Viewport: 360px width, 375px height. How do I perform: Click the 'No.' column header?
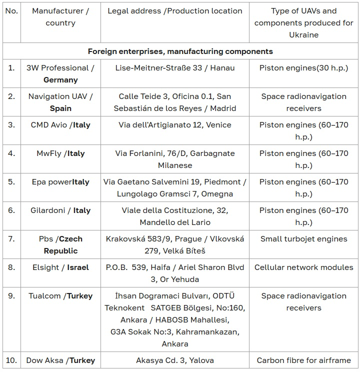11,11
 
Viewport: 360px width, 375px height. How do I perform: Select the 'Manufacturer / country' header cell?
60,17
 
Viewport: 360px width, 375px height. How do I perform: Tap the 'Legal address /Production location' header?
175,11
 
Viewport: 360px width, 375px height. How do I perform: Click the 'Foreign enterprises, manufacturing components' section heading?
180,51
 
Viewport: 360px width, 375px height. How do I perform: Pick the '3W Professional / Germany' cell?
60,73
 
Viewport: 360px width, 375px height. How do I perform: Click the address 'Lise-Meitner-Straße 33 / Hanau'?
175,67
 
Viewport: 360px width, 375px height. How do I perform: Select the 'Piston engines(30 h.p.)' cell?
303,67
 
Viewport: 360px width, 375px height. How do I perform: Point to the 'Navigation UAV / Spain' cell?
60,102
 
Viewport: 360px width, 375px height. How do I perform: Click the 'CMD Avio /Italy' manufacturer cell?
60,125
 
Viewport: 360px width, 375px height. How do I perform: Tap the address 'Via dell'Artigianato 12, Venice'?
175,125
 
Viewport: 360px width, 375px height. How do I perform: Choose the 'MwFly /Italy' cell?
60,153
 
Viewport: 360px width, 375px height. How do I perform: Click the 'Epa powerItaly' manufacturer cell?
60,182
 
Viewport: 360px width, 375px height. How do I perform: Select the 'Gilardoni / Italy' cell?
60,210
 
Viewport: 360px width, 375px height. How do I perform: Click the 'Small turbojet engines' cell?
303,239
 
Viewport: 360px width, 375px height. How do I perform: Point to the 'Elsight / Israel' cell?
60,267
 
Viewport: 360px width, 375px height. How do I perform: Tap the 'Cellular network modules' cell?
303,267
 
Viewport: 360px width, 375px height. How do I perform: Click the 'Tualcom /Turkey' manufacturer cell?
60,296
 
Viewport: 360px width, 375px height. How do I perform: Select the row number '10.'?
11,360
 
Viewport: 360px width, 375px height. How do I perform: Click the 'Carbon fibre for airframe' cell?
303,360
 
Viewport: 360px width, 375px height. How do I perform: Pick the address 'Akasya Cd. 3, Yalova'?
175,360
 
